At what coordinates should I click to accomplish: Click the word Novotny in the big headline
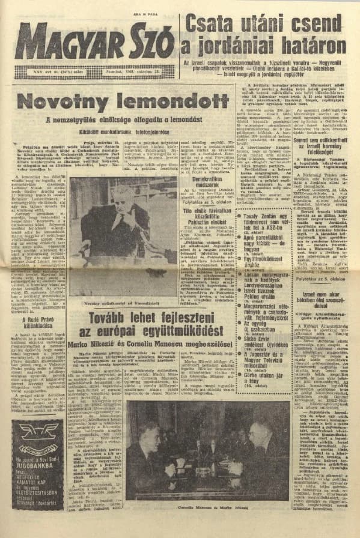tap(67, 101)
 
